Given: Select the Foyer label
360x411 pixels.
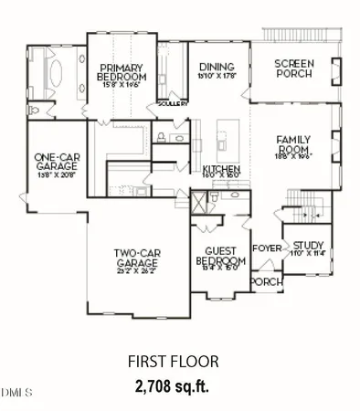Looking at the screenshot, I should (266, 248).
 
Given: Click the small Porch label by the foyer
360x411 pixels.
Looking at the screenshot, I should (266, 281).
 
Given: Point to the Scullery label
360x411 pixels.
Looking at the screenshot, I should (173, 103).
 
